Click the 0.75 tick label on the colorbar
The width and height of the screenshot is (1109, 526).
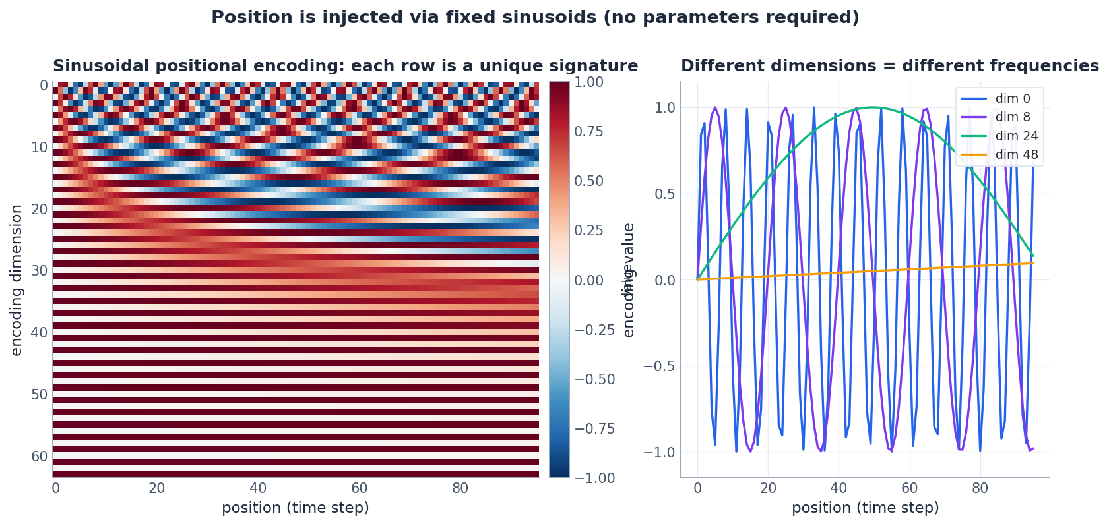click(589, 132)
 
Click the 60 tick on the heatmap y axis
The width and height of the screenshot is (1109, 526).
click(40, 457)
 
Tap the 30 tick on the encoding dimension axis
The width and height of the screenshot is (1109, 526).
click(40, 271)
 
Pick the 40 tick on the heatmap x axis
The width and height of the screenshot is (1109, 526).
click(258, 488)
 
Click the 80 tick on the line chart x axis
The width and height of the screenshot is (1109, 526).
click(980, 488)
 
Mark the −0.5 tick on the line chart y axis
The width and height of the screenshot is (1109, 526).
click(665, 366)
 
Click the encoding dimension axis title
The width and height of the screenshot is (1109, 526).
click(16, 280)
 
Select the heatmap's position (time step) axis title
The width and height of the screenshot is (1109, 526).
click(295, 508)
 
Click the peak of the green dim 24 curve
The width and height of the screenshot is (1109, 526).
click(873, 107)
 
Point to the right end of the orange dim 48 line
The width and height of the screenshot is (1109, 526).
click(1032, 263)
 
